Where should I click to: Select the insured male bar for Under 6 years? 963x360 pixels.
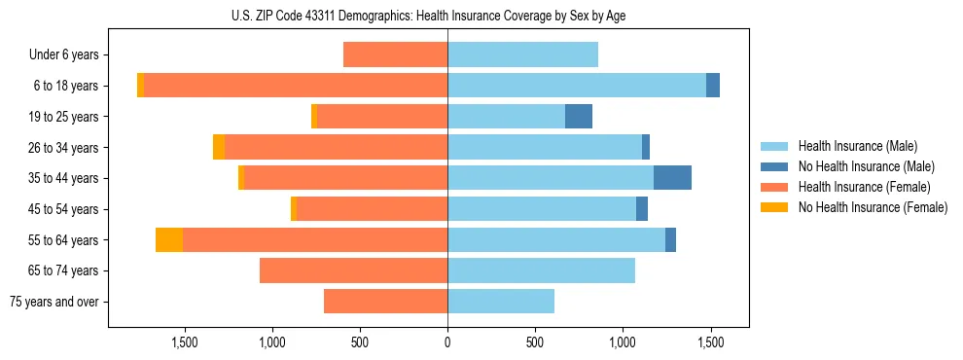522,54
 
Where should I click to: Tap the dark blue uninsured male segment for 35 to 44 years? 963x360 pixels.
672,178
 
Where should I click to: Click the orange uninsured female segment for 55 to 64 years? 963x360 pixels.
169,240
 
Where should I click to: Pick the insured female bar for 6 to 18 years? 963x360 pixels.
295,86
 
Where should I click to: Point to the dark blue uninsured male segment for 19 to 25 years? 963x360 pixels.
579,117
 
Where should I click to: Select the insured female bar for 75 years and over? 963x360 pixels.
385,302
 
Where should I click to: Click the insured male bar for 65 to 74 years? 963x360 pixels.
541,270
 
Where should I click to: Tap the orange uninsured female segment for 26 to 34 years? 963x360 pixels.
219,147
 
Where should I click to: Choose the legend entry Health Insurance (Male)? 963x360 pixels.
856,146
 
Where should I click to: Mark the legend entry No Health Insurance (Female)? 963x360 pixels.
873,207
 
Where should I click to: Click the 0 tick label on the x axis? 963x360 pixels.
447,342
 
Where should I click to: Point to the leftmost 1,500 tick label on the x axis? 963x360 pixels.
185,342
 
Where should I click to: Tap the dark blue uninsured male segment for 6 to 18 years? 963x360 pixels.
713,86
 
